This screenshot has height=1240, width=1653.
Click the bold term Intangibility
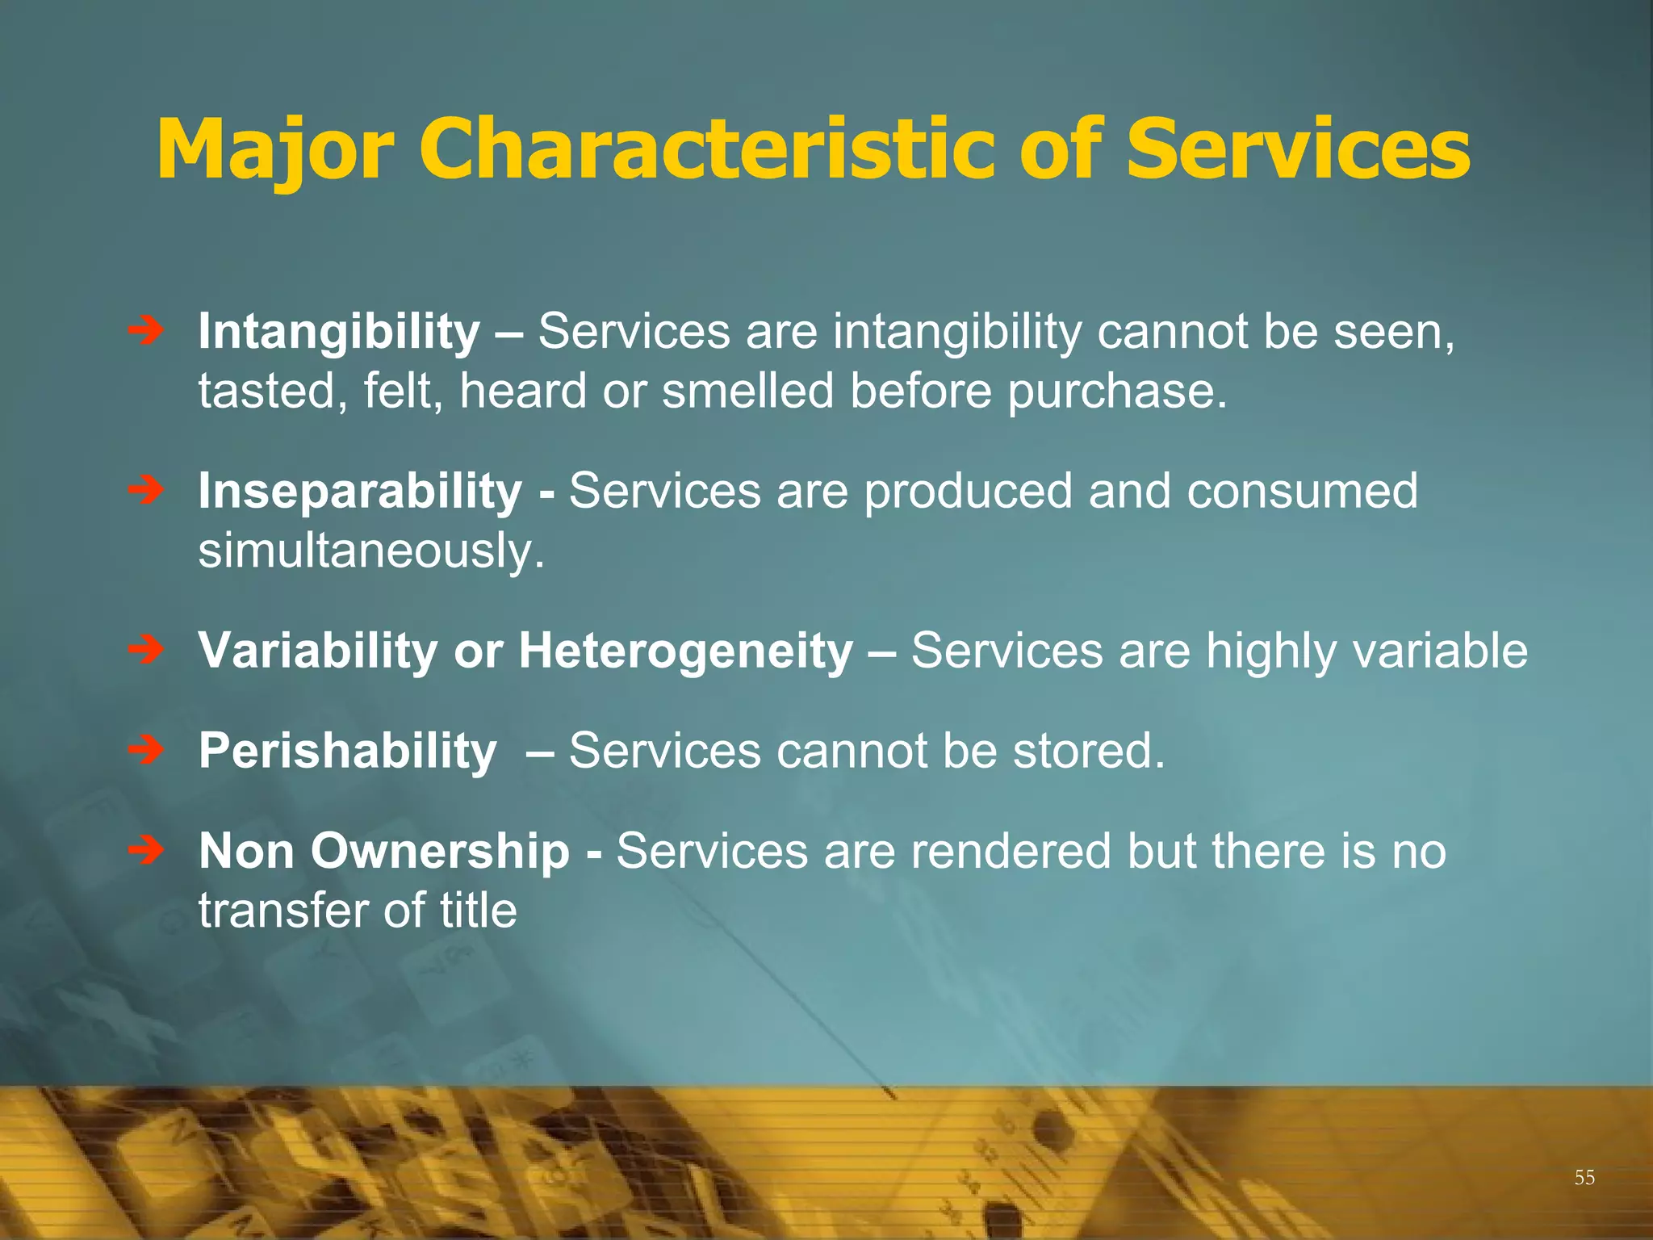339,332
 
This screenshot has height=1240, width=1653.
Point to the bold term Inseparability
360,492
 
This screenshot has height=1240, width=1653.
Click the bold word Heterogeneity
685,651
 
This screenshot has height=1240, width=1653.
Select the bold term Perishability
348,751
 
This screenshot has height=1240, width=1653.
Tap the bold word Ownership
440,851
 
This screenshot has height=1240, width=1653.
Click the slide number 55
1584,1178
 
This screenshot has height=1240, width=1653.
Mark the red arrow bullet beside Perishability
146,750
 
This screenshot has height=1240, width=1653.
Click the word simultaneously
371,551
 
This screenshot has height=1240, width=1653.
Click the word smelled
747,392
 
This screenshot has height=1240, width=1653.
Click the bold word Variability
317,651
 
